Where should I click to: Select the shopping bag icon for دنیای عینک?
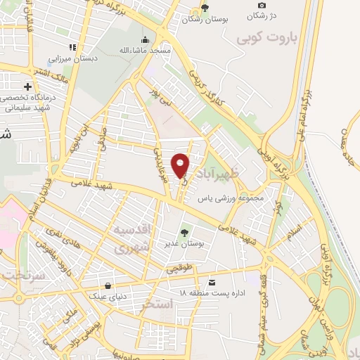108,286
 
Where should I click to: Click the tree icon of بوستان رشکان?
204,8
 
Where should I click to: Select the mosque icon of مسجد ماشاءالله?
145,39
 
